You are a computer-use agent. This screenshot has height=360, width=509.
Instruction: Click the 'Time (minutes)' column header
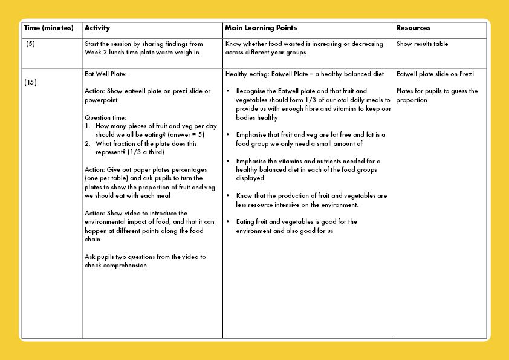48,28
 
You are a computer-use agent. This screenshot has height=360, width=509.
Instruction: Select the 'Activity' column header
97,28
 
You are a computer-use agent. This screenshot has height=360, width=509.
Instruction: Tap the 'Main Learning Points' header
261,28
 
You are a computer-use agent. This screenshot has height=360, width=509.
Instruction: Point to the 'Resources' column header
413,28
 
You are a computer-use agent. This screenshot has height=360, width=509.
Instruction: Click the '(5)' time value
30,44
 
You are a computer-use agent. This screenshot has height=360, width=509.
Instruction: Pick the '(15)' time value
31,82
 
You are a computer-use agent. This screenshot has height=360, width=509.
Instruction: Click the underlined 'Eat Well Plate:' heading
106,74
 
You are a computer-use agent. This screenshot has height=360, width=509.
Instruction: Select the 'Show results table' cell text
422,44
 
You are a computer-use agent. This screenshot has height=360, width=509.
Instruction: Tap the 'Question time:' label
106,117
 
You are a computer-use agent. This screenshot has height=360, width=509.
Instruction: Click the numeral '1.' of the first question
88,126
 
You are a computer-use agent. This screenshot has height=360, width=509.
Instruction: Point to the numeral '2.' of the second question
88,144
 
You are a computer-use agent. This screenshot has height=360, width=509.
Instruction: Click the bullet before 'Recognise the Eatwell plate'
227,92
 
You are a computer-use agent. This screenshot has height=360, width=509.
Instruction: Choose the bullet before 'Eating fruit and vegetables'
227,222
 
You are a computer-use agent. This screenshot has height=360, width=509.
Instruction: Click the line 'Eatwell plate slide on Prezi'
435,74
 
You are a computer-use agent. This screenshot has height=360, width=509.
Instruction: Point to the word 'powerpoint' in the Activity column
102,100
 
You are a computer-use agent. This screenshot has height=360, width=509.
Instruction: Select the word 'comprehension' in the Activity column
126,266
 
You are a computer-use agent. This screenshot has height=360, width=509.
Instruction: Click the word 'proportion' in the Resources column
412,100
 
